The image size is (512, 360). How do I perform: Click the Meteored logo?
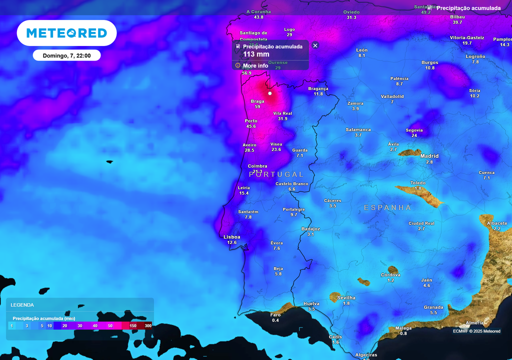[66, 33]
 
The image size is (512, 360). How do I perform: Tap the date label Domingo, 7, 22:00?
[66, 55]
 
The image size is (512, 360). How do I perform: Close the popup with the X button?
[315, 45]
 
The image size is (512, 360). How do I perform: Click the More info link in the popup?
[255, 65]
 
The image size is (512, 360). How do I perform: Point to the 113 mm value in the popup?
[256, 54]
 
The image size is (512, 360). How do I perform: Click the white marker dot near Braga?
[270, 93]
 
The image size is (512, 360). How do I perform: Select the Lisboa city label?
[232, 237]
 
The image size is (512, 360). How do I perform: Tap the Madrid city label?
[429, 156]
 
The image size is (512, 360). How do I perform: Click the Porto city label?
[251, 121]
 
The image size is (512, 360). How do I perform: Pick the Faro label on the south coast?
[275, 314]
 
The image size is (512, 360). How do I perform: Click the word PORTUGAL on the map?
[276, 174]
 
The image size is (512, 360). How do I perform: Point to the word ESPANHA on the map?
[387, 207]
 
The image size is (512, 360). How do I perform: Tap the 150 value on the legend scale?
[133, 325]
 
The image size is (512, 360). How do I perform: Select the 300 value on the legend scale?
[148, 325]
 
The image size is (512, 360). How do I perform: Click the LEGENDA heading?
[22, 304]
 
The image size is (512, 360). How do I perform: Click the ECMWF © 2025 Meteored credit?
[476, 331]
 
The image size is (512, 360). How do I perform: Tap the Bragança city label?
[318, 88]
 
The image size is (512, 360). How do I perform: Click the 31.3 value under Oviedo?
[351, 17]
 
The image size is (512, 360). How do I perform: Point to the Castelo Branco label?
[292, 183]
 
